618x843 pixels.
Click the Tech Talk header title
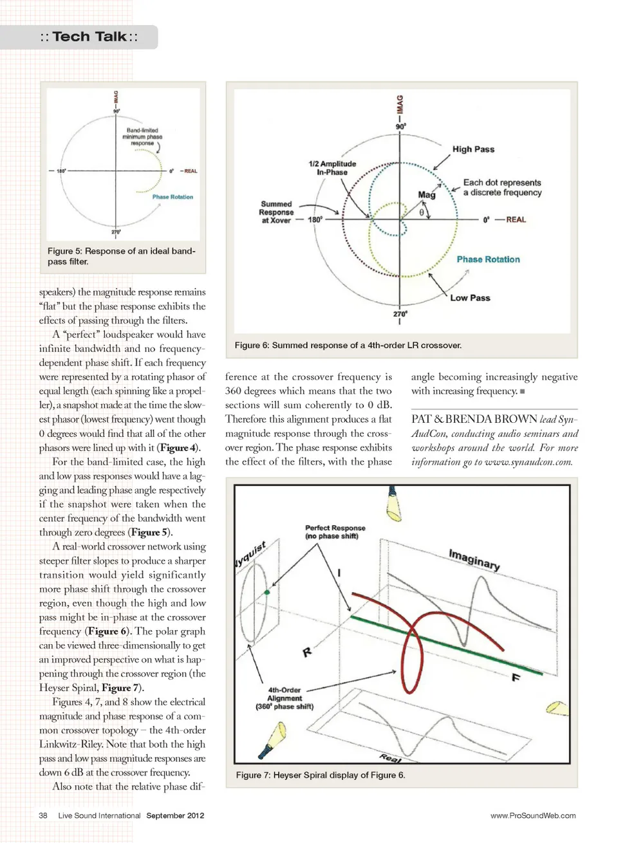point(89,37)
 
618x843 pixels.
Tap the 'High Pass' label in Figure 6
point(473,149)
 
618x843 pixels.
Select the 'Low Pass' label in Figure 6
point(470,298)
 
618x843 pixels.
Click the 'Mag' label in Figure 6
point(426,194)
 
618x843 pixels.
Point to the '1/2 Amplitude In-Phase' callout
point(332,168)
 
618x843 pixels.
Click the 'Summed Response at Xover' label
point(276,212)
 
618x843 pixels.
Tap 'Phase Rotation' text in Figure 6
point(488,259)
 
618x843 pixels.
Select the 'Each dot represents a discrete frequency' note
point(502,187)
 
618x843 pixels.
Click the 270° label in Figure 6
point(400,314)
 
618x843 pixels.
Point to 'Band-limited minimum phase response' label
point(142,136)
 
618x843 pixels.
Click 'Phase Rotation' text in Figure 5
point(173,197)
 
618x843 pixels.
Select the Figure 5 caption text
point(121,256)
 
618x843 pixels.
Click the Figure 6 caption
point(348,346)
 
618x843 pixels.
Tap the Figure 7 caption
point(321,775)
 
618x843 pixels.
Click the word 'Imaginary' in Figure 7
point(474,560)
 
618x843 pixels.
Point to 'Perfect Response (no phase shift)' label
point(335,532)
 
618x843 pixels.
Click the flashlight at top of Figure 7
point(393,504)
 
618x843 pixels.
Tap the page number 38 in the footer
point(43,815)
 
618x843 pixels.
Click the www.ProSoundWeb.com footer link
point(533,815)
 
